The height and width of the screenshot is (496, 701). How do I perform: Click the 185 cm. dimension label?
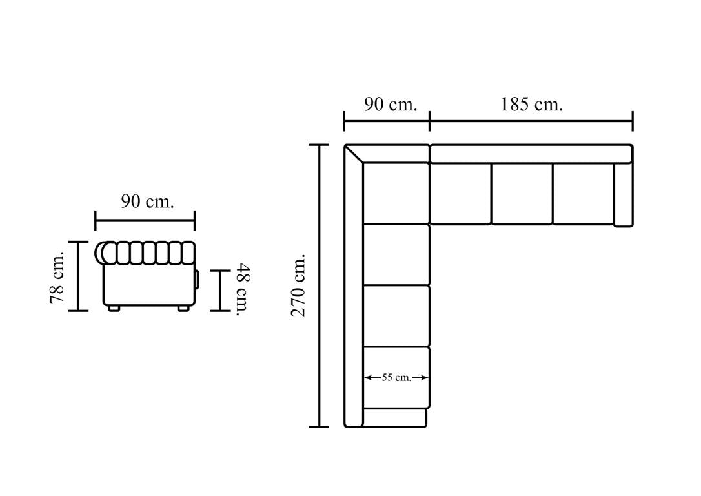pyautogui.click(x=531, y=105)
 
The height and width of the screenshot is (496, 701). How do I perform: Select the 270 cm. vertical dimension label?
pyautogui.click(x=298, y=285)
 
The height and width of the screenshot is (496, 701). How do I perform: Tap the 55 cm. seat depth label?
pyautogui.click(x=396, y=377)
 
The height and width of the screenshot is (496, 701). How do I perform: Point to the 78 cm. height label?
pyautogui.click(x=57, y=276)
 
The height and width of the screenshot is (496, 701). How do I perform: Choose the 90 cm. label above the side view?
pyautogui.click(x=147, y=201)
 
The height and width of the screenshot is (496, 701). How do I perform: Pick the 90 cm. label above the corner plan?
pyautogui.click(x=391, y=105)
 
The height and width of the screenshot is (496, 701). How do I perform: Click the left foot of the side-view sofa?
pyautogui.click(x=114, y=308)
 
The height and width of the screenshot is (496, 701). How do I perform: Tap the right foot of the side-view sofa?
pyautogui.click(x=183, y=308)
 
